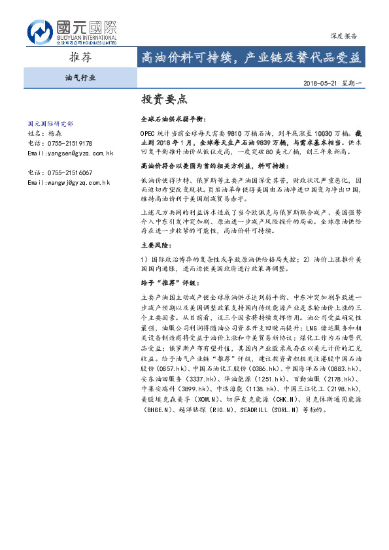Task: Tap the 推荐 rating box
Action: click(x=80, y=57)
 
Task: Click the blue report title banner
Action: click(x=250, y=57)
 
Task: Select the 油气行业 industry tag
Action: click(x=80, y=77)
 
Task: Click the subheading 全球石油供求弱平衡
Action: click(x=171, y=121)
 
